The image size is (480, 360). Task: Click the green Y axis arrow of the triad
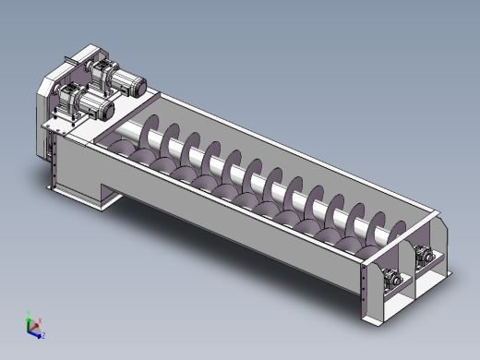click(x=30, y=316)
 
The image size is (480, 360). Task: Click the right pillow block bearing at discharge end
click(x=426, y=257)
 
